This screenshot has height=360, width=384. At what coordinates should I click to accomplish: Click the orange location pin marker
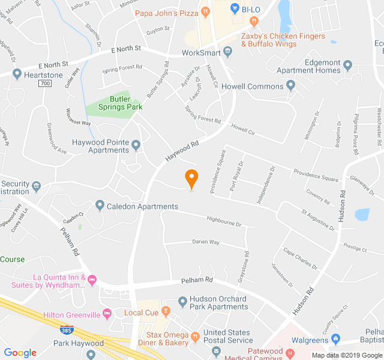tap(191, 179)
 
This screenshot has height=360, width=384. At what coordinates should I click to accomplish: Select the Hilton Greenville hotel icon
tap(107, 314)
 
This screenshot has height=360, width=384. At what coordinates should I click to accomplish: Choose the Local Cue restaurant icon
tap(166, 312)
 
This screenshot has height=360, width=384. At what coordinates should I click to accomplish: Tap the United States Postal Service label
tap(227, 336)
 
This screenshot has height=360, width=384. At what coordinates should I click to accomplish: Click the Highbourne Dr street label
tap(223, 223)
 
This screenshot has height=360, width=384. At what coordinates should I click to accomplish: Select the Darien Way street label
tap(206, 242)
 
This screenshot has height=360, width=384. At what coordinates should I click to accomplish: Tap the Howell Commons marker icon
tap(291, 86)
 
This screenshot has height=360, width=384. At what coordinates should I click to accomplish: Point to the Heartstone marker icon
tap(17, 76)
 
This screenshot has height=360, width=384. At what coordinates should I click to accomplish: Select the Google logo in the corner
tap(20, 352)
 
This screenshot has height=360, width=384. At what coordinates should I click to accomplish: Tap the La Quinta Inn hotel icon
tap(92, 280)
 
